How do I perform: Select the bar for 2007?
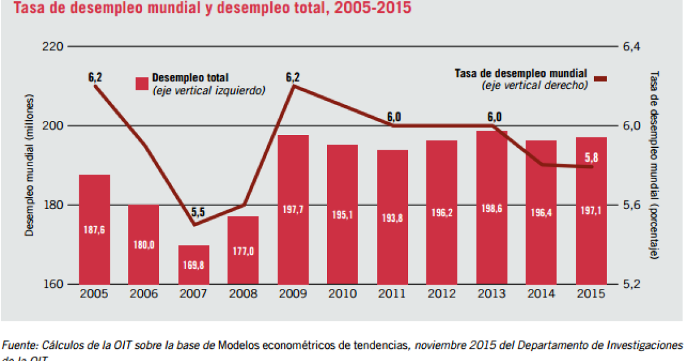pyautogui.click(x=194, y=264)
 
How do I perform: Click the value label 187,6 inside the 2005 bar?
pyautogui.click(x=95, y=230)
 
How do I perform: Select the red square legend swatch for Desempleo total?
pyautogui.click(x=142, y=84)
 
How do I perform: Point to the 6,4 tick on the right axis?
pyautogui.click(x=631, y=46)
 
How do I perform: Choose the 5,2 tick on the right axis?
pyautogui.click(x=631, y=284)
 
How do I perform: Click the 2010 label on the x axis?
pyautogui.click(x=343, y=294)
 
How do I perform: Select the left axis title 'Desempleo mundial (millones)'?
pyautogui.click(x=28, y=165)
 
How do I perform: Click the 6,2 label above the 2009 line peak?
pyautogui.click(x=293, y=78)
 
